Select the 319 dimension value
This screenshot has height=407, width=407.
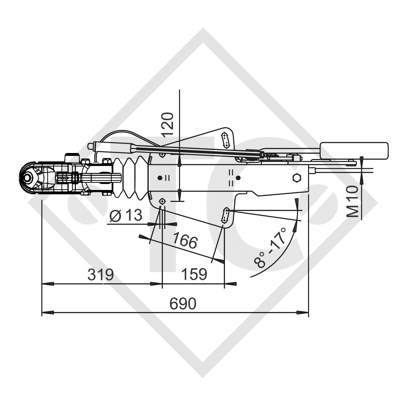tap(100, 275)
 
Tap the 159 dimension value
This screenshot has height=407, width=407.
tap(194, 275)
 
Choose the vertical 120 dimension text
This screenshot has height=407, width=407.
tap(168, 124)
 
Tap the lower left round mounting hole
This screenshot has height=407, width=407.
tap(162, 202)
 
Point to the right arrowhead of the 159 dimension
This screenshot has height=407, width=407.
tap(231, 284)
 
